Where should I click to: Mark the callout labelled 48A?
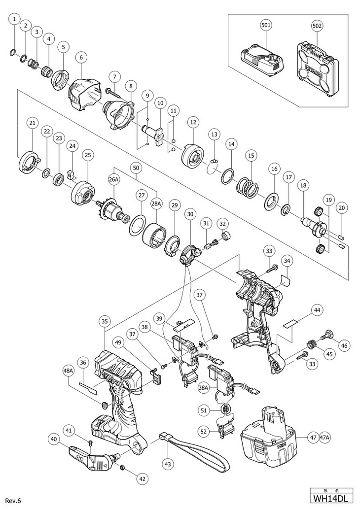click(68, 369)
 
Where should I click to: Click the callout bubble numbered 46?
click(344, 345)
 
